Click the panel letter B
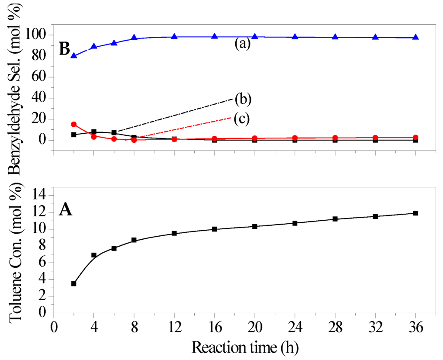pos(64,49)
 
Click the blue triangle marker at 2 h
pos(74,55)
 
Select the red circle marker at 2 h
pos(74,124)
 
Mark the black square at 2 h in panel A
pos(74,284)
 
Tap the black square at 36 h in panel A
pos(416,213)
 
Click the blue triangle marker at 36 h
pos(416,37)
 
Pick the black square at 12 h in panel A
pos(174,233)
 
